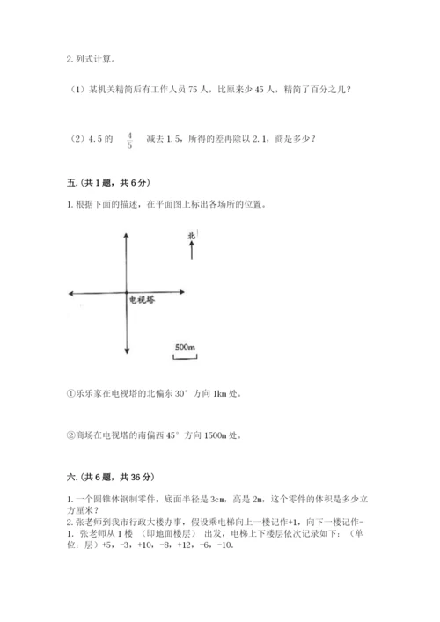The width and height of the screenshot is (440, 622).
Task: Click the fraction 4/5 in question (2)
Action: coord(130,139)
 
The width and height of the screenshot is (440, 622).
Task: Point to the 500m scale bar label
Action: coord(184,348)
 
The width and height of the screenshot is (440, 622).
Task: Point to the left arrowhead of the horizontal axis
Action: coord(71,292)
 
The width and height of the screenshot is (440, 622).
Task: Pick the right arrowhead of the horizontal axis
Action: coord(181,292)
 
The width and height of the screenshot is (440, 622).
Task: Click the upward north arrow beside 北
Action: coord(192,249)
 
